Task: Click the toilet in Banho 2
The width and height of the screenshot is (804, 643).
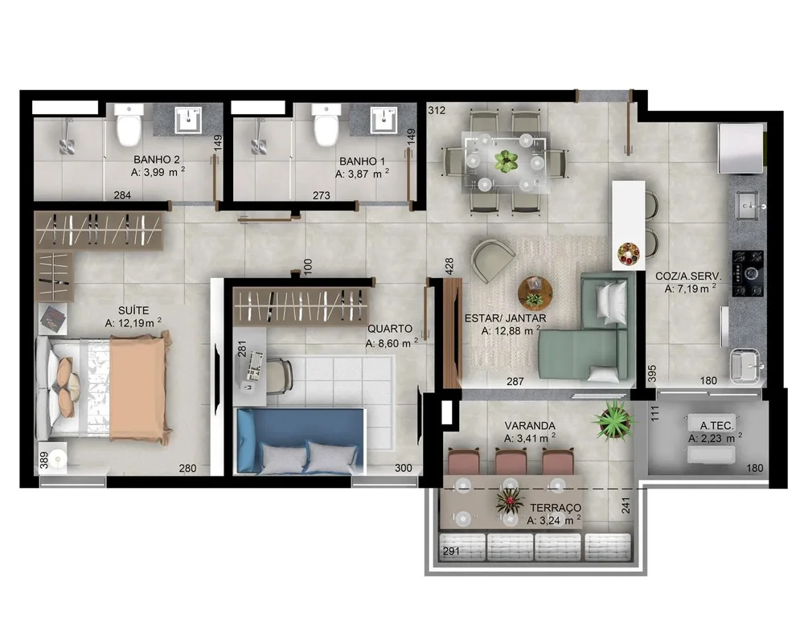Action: [129, 124]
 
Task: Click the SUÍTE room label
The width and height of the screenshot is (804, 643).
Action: [133, 310]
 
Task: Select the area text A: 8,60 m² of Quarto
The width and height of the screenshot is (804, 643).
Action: [392, 343]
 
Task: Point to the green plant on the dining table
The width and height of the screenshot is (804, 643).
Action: [506, 161]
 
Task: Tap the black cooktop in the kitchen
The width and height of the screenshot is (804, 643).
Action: [748, 274]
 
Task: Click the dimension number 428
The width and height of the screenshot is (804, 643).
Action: [449, 264]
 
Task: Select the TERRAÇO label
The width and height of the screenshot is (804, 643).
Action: [556, 508]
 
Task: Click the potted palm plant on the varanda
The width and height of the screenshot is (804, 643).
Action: [613, 420]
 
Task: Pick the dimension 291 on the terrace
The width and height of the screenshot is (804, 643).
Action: [451, 551]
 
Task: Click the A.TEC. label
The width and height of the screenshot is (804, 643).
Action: [717, 425]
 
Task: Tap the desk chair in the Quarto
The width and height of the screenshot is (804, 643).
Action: [279, 376]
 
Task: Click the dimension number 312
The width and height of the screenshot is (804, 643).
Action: [437, 110]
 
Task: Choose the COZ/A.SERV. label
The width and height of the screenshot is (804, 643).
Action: [688, 276]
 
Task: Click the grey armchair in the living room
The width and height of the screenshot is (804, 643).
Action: [492, 260]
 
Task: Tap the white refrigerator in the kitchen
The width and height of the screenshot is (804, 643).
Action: [741, 149]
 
